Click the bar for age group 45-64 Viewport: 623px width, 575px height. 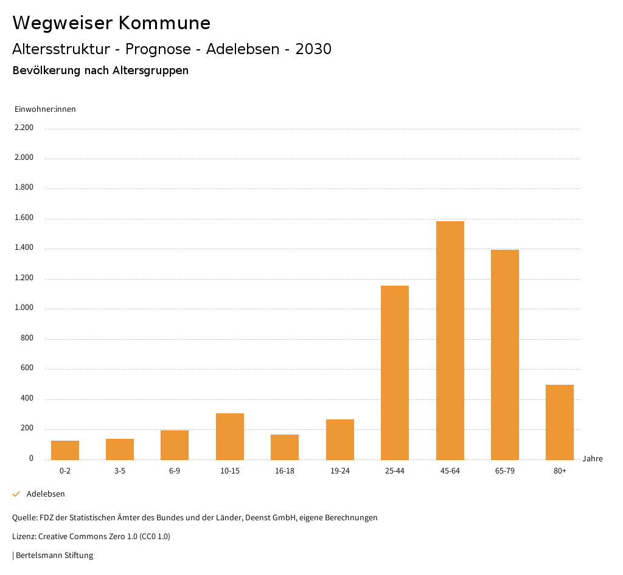tap(450, 340)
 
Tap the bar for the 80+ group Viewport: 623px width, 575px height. tap(560, 422)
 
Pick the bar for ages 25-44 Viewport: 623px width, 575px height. tap(395, 373)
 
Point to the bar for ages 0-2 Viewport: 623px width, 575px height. tap(65, 450)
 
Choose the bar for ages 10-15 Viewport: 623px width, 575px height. tap(230, 436)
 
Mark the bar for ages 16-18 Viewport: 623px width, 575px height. tap(285, 447)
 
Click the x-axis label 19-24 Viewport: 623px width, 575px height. tap(339, 471)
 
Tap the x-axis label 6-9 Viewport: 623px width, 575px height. tap(175, 471)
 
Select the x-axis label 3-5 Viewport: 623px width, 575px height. tap(120, 471)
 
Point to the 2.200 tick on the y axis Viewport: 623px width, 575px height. tap(24, 128)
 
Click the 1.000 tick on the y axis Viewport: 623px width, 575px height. tap(24, 308)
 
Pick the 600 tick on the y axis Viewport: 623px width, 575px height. tap(27, 368)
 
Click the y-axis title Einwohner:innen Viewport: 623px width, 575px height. tap(45, 109)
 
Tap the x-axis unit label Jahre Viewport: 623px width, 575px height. tap(593, 459)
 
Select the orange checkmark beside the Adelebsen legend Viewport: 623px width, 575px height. tap(16, 494)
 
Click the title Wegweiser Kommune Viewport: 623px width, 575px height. tap(111, 23)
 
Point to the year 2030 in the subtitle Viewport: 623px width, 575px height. tap(313, 49)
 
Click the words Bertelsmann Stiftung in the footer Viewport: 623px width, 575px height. tap(54, 556)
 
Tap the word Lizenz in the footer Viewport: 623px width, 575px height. tap(24, 537)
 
